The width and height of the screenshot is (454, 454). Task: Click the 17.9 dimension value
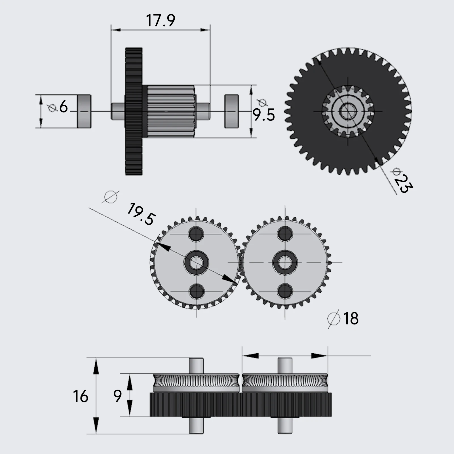[161, 21]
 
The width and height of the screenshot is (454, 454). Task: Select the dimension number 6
[64, 107]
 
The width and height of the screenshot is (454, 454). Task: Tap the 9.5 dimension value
[264, 115]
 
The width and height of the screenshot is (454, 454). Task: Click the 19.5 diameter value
[141, 214]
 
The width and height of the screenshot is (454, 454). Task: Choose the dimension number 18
[351, 318]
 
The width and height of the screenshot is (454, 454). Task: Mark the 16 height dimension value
[81, 396]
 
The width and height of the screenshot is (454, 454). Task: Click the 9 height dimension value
[117, 396]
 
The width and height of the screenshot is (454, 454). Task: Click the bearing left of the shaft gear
[84, 111]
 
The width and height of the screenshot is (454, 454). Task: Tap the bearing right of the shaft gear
[231, 111]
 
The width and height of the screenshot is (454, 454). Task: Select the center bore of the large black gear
[348, 111]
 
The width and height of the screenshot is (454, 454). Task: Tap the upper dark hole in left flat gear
[196, 234]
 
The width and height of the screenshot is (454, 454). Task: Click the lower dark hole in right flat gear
[285, 291]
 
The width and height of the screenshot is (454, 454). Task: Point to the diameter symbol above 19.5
[111, 197]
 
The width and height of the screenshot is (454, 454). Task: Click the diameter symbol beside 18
[334, 318]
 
